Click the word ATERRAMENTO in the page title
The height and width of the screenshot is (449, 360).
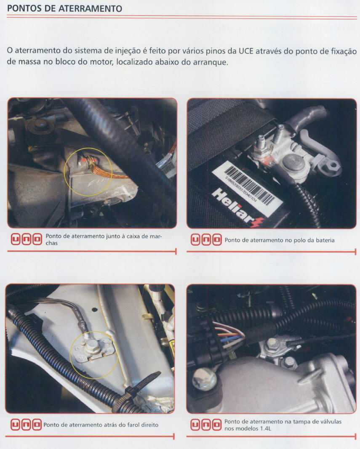[90, 8]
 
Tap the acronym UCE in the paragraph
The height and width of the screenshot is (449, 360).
[246, 51]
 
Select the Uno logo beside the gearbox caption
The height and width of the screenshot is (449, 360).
[27, 239]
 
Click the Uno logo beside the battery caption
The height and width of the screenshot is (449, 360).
[206, 240]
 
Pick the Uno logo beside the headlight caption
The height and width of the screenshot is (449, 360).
[26, 425]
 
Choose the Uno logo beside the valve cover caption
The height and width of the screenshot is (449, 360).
[206, 425]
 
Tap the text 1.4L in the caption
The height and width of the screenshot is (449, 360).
[265, 429]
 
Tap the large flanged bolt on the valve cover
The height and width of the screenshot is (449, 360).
[205, 380]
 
